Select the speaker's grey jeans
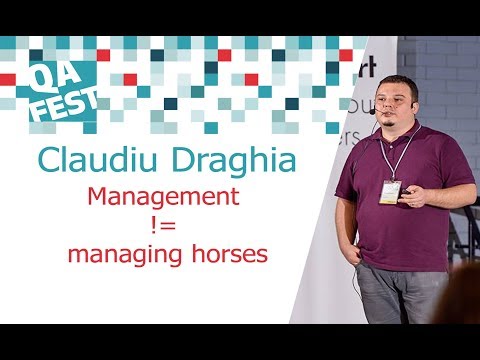(400, 295)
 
